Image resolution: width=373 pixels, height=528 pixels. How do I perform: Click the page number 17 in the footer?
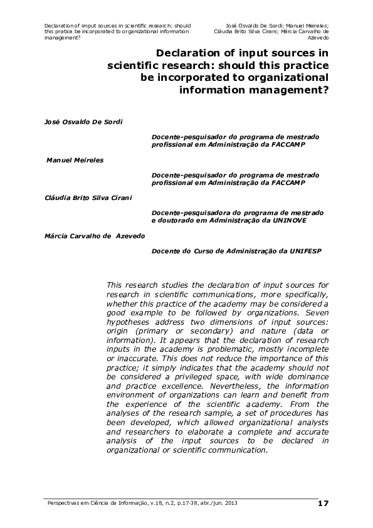323,504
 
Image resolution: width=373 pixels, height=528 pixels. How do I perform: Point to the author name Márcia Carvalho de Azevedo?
94,235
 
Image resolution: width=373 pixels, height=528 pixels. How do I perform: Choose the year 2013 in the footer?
230,504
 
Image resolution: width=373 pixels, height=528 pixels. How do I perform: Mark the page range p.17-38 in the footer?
177,504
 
